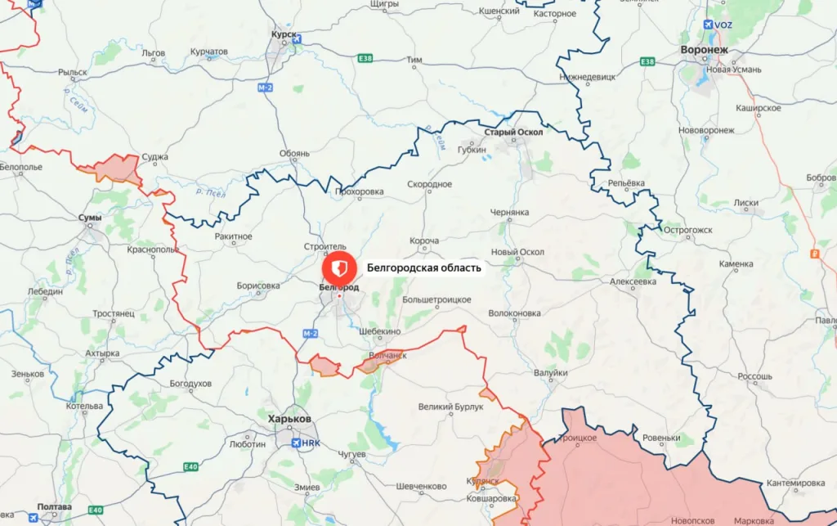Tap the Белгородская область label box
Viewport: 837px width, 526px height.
coord(424,267)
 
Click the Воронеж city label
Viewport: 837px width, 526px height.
coord(704,50)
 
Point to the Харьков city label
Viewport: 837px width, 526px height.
coord(289,419)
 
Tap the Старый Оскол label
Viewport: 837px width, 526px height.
coord(512,133)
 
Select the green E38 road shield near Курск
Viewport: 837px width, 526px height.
coord(365,59)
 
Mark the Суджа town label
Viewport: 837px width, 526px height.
coord(154,157)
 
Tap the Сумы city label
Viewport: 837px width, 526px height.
coord(89,218)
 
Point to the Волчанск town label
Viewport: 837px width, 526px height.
coord(388,355)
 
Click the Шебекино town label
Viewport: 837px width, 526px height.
coord(380,331)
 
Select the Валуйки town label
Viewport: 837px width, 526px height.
coord(550,373)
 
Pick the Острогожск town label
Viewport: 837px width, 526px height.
coord(687,230)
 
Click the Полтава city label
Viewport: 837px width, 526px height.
coord(53,507)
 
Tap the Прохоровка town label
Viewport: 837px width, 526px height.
coord(359,192)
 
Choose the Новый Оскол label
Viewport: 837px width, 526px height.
coord(517,252)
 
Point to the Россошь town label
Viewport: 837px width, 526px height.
coord(754,377)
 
